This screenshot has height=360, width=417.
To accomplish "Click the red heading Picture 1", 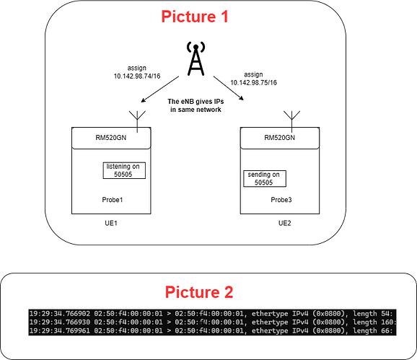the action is click(195, 17).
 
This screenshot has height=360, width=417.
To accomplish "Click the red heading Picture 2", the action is click(199, 292).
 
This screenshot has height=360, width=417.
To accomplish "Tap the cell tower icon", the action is click(196, 58).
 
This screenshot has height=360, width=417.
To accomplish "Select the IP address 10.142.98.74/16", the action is click(137, 76).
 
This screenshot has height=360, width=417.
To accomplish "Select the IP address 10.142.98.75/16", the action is click(253, 83).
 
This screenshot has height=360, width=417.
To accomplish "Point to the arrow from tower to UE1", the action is click(160, 89).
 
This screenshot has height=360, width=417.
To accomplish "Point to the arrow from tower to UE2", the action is click(229, 88).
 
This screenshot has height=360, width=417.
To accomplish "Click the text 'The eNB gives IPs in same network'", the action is click(196, 105).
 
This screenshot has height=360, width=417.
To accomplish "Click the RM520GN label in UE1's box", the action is click(111, 138).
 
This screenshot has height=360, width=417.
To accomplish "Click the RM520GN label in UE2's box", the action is click(279, 138).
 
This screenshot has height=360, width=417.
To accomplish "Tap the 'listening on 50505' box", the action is click(124, 170).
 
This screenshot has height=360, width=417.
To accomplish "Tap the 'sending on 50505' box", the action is click(265, 179).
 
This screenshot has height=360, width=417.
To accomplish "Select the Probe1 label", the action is click(113, 200).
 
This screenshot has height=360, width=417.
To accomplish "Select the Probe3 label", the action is click(281, 200).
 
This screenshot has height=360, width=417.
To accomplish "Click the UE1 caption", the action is click(111, 223).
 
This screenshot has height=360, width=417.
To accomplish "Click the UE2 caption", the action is click(284, 223).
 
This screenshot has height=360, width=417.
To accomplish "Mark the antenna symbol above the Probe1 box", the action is click(137, 121).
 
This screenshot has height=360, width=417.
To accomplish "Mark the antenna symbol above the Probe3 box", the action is click(291, 121).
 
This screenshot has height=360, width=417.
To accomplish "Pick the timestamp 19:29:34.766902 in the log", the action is click(60, 314).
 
